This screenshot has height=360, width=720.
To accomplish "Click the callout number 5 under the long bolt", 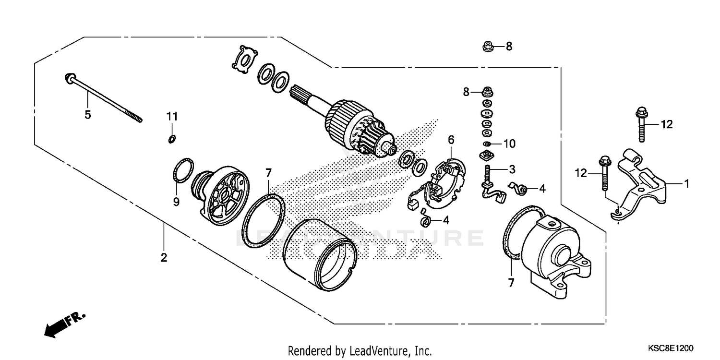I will click(x=88, y=115).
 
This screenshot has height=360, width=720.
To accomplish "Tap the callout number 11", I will click(x=172, y=116).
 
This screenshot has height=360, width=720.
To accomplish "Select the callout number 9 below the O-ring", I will click(x=176, y=202).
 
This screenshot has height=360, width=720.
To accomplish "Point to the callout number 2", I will click(x=164, y=258).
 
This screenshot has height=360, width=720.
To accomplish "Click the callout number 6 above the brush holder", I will click(x=451, y=140).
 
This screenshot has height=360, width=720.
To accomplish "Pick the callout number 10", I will click(x=509, y=144).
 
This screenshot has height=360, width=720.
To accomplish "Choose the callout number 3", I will click(x=512, y=169).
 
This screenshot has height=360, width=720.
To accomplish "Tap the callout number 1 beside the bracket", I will click(x=686, y=183).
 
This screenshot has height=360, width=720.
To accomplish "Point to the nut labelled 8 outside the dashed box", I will click(x=487, y=47).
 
